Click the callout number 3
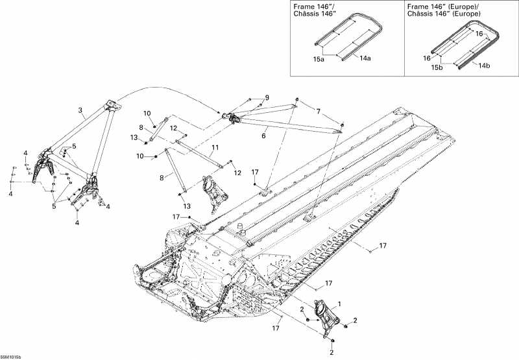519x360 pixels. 80,110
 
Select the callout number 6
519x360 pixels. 263,136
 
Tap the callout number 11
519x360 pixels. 214,149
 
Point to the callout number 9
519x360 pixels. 266,97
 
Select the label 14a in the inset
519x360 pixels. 366,58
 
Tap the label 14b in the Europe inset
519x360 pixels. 484,65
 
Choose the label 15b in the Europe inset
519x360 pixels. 438,66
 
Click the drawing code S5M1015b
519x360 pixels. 11,356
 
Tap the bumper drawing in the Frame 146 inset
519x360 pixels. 344,38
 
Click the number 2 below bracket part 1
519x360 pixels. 332,352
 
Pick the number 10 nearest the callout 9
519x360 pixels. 147,113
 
